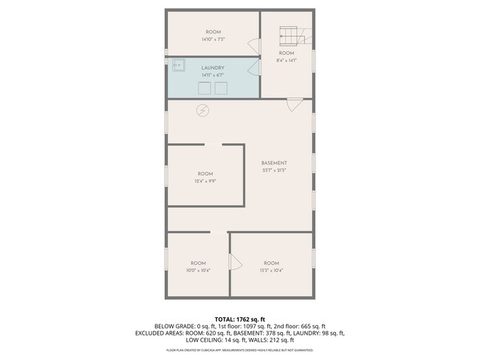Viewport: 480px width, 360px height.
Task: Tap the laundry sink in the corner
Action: coord(179,65)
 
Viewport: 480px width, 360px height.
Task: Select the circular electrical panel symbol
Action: coord(202,111)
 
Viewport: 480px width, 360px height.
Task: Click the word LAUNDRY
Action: coord(213,68)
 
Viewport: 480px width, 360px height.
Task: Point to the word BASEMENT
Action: coord(274,163)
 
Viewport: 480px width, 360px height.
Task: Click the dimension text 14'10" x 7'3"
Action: coord(213,40)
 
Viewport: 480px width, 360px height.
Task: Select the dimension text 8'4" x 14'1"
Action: coord(287,62)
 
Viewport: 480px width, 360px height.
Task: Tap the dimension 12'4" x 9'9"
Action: coord(205,181)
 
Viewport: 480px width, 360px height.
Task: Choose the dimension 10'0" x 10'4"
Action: coord(198,271)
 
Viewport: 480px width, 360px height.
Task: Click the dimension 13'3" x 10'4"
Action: coord(271,271)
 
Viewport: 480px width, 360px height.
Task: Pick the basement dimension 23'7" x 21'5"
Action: coord(274,170)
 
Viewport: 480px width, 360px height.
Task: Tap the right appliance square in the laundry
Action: coord(221,89)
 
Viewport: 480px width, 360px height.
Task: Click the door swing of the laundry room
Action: coord(255,68)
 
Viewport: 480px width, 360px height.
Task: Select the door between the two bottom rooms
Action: coord(234,262)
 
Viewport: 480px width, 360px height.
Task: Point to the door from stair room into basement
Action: coord(294,104)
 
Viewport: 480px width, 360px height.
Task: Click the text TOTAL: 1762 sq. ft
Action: coord(239,319)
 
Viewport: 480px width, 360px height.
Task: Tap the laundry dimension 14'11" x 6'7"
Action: coord(213,75)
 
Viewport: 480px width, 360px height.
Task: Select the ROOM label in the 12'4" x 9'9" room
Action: coord(205,173)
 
